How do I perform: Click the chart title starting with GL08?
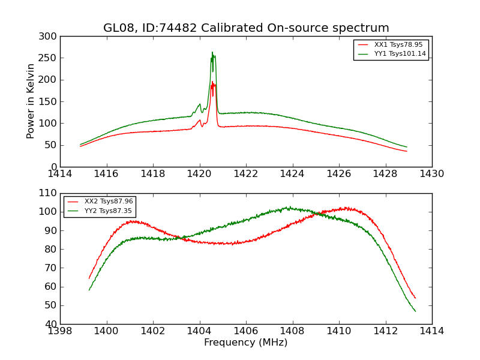pos(246,28)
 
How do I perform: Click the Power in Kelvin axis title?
pos(31,101)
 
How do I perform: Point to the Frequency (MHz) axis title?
pos(245,343)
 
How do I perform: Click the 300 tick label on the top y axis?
pos(50,37)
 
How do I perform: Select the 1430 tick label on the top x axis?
pos(431,174)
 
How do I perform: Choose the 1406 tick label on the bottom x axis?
pos(246,331)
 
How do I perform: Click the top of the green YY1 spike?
pos(212,52)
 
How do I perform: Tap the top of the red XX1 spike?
pos(212,82)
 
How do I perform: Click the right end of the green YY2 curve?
pos(415,311)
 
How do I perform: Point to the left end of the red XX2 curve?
pos(89,278)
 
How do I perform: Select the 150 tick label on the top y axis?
pos(50,102)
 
